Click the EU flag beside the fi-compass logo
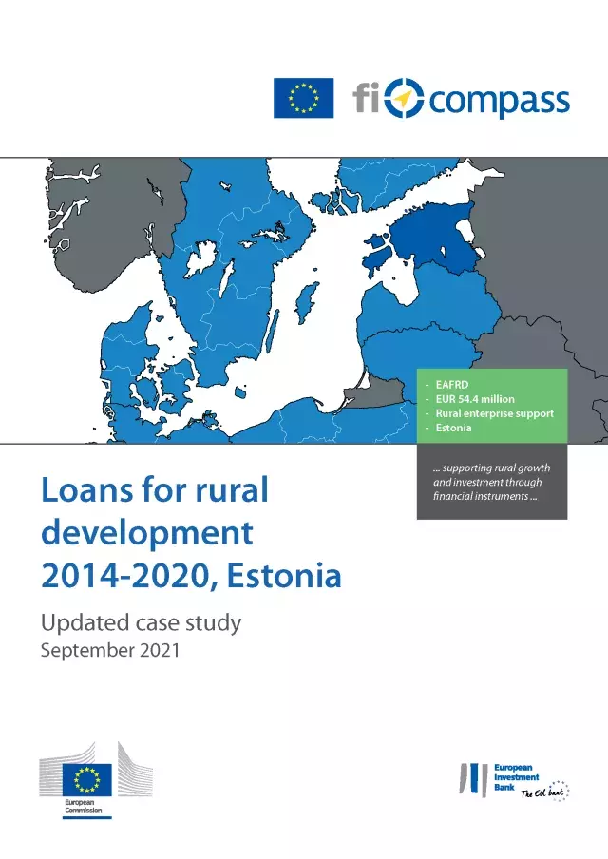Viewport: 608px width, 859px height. coord(303,98)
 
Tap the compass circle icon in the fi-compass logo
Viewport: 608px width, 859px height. coord(404,98)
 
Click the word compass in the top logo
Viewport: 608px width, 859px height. coord(499,102)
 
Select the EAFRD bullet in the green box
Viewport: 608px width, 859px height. coord(452,385)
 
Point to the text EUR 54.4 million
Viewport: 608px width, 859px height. coord(475,399)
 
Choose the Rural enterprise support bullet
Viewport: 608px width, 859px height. coord(495,413)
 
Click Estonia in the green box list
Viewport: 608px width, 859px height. coord(453,428)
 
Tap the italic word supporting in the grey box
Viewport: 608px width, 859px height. coord(466,468)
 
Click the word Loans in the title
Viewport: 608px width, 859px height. coord(87,489)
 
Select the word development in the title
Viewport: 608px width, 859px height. coord(147,532)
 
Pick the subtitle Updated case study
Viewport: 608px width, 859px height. coord(141,623)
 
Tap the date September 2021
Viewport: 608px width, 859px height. coord(110,650)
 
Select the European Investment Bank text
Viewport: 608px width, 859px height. coord(516,777)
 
